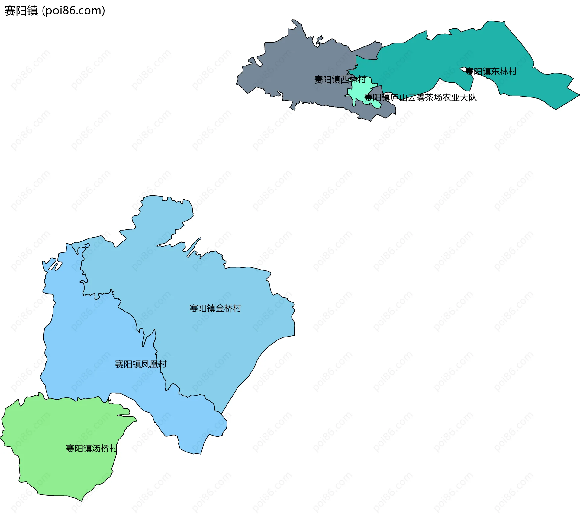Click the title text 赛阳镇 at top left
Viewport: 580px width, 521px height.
tap(21, 11)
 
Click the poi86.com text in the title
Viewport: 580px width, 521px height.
tap(73, 11)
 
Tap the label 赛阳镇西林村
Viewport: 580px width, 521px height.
tap(340, 80)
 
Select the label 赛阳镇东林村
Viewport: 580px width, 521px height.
tap(491, 72)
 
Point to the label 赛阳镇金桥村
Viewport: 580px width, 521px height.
tap(215, 308)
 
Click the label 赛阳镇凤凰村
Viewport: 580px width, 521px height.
tap(141, 364)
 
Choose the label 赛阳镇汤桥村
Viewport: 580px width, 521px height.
tap(92, 448)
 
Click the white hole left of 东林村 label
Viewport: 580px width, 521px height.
tap(463, 69)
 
